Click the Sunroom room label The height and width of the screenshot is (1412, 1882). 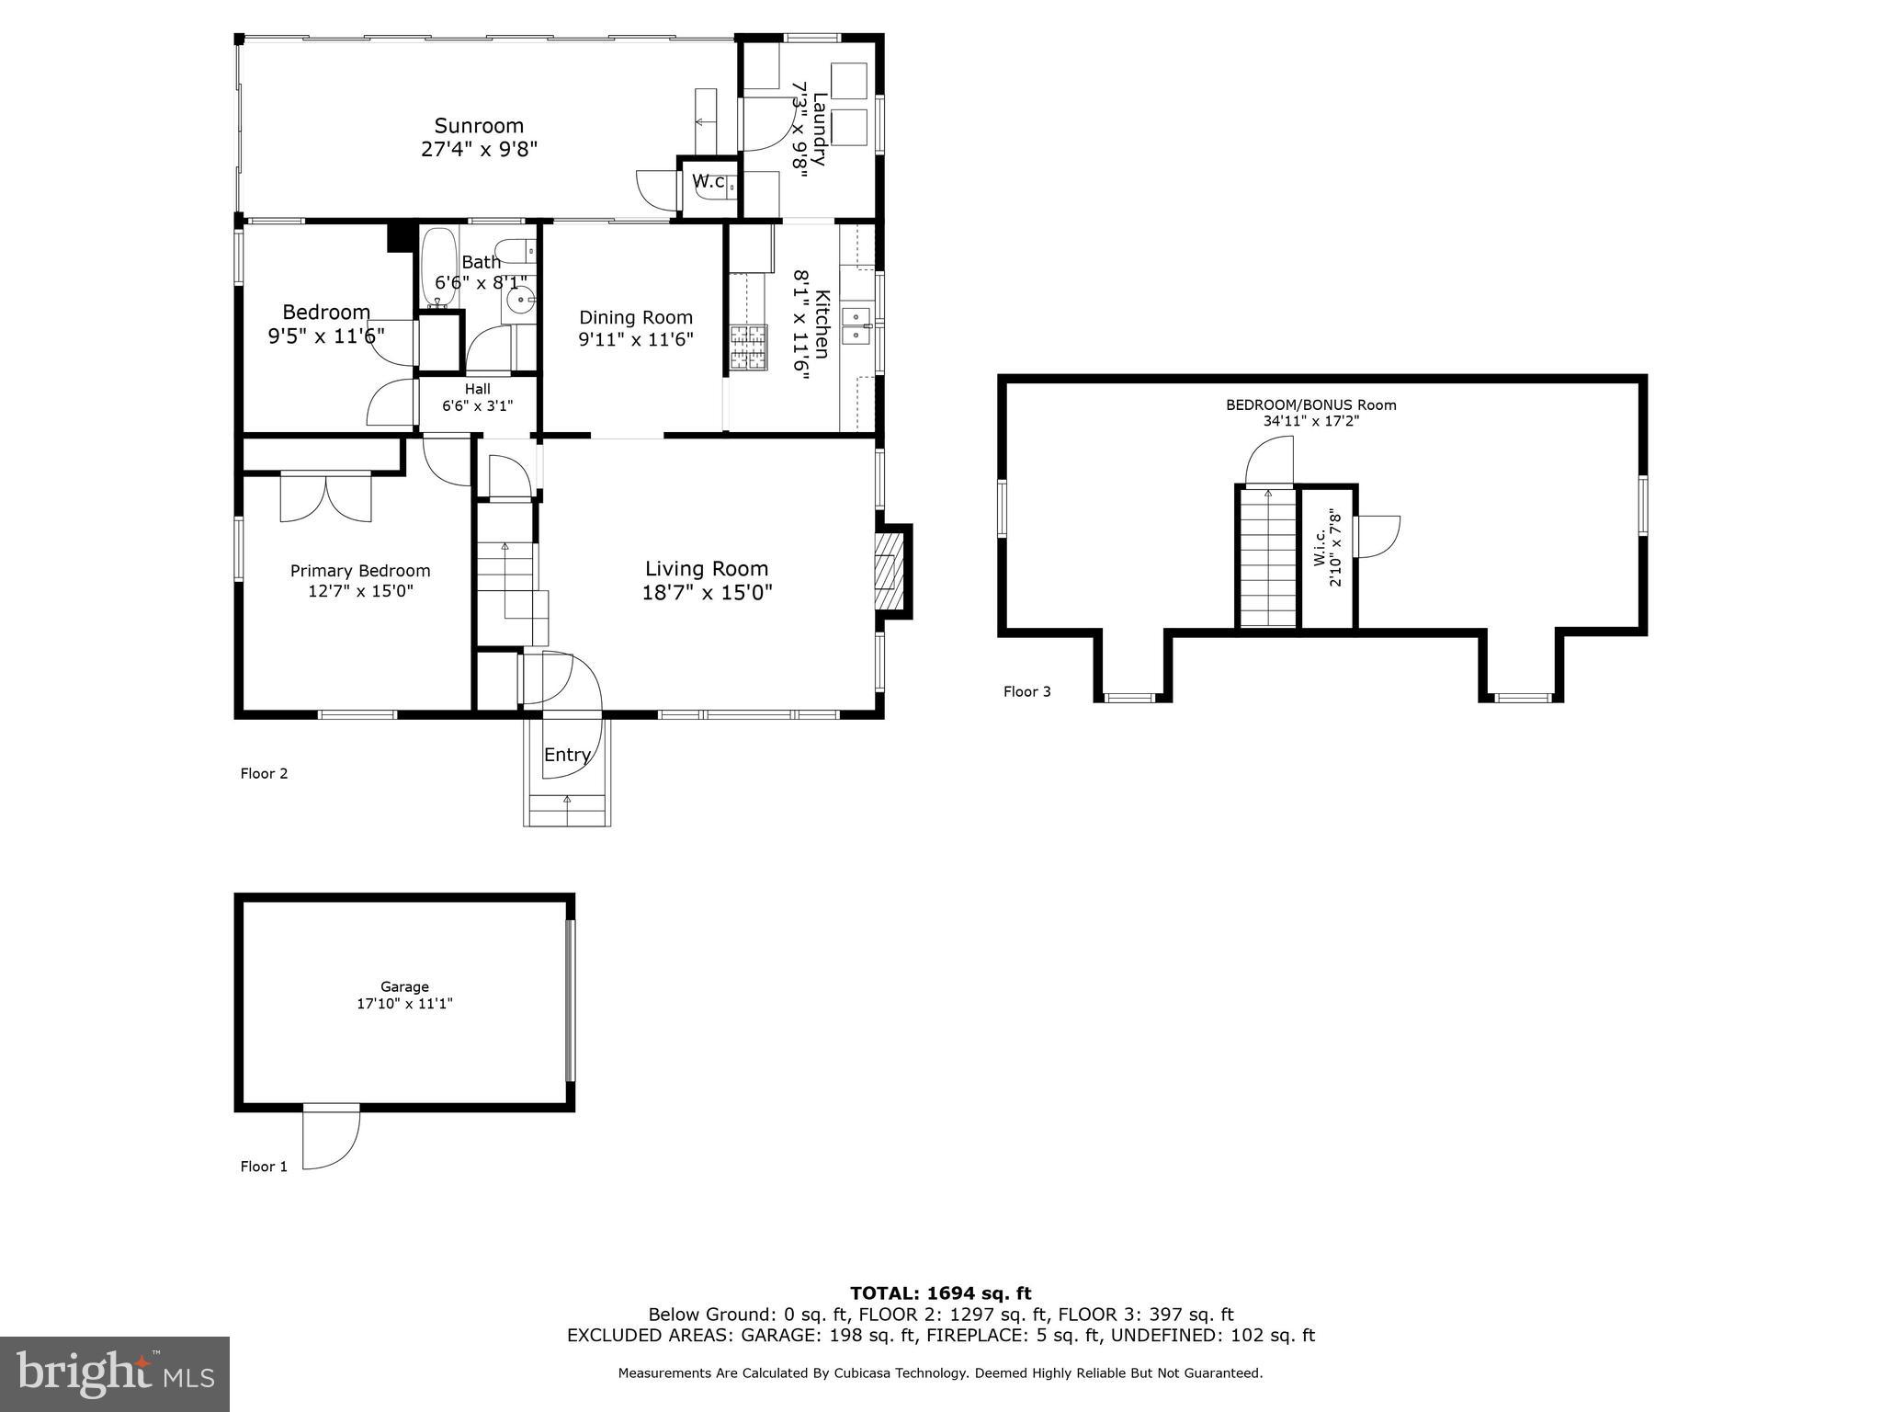pyautogui.click(x=479, y=126)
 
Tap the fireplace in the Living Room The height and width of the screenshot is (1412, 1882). pyautogui.click(x=887, y=572)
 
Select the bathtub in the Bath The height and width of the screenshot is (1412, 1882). pyautogui.click(x=440, y=268)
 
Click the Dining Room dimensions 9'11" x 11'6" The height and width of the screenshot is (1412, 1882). pyautogui.click(x=635, y=339)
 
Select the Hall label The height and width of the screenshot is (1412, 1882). pyautogui.click(x=477, y=389)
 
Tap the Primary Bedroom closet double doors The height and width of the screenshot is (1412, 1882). pyautogui.click(x=326, y=497)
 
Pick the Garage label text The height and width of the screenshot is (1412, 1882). pyautogui.click(x=404, y=986)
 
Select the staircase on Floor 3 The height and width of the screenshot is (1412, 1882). pyautogui.click(x=1267, y=558)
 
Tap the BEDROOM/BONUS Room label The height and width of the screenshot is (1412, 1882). pyautogui.click(x=1310, y=404)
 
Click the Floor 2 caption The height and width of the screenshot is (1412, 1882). pyautogui.click(x=264, y=773)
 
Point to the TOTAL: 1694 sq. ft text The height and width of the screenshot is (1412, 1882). pyautogui.click(x=940, y=1293)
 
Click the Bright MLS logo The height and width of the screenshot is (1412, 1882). pyautogui.click(x=114, y=1373)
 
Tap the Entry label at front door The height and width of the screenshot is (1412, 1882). pyautogui.click(x=567, y=755)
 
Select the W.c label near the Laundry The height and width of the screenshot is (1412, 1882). pyautogui.click(x=709, y=181)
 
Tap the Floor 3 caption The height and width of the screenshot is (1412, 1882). pyautogui.click(x=1026, y=691)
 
